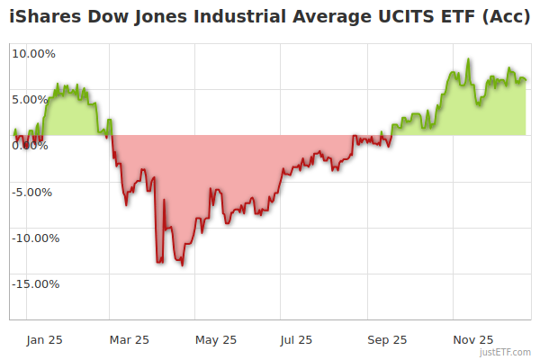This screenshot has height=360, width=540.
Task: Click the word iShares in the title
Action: tap(42, 16)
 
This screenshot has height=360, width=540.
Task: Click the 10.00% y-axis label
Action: tap(34, 53)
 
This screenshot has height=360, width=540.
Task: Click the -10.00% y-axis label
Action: tap(32, 238)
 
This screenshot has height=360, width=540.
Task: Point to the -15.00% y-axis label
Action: tap(32, 284)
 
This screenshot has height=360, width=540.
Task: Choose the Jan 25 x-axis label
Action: tap(44, 339)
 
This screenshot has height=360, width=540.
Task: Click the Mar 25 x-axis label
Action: tap(129, 339)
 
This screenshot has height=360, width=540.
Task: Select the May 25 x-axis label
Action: tap(215, 339)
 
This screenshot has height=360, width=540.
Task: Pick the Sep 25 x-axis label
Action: tap(387, 339)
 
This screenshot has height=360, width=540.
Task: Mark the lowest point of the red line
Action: tap(183, 265)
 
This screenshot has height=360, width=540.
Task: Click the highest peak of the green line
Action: tap(469, 60)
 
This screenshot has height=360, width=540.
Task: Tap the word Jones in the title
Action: tap(148, 16)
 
